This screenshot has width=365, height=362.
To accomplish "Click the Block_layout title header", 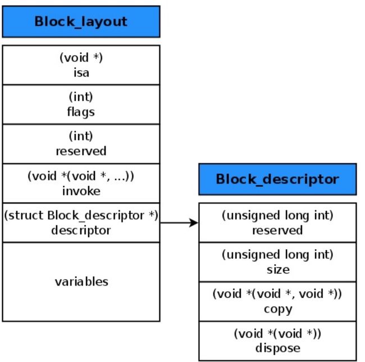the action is [x=81, y=22].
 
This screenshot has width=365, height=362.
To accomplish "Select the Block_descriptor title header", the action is [x=277, y=179].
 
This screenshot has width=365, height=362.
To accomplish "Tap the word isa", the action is [x=81, y=73].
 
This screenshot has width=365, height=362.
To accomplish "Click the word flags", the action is [x=81, y=112].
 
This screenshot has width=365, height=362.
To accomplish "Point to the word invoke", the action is [x=81, y=191].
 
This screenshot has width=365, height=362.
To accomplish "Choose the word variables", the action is [x=81, y=282].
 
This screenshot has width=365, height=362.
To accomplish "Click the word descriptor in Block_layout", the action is [x=81, y=230].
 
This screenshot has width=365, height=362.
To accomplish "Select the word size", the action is [x=278, y=270].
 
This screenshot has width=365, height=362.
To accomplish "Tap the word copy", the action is [x=278, y=310].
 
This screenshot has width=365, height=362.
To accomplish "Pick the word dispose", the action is [x=278, y=349].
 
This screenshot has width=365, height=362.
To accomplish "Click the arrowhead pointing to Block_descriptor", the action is [x=193, y=223].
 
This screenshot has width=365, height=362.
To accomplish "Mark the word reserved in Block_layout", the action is [x=81, y=151].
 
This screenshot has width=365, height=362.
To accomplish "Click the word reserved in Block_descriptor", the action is [x=277, y=230].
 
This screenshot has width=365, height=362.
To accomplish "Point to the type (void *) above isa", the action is [x=81, y=57].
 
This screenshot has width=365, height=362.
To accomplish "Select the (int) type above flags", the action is [x=81, y=97].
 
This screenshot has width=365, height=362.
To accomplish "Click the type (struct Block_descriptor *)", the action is [x=81, y=215].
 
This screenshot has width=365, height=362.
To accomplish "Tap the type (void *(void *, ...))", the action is [x=81, y=176].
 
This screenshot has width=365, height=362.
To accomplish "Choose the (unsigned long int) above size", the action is [x=277, y=255].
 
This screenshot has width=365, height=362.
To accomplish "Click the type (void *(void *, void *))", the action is [x=277, y=294].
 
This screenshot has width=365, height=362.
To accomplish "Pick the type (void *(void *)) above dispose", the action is [x=277, y=333].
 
